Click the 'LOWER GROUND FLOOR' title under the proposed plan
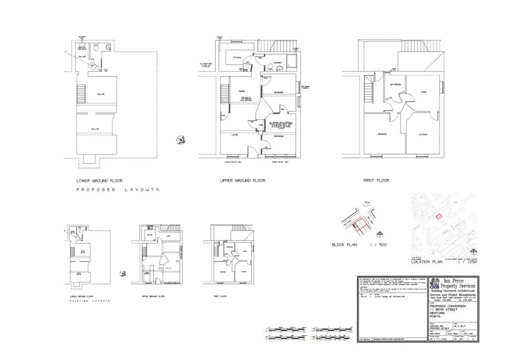(99, 181)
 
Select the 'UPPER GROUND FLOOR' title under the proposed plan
(243, 181)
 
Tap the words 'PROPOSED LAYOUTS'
(118, 190)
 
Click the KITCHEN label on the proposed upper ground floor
(237, 58)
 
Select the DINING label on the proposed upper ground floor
(241, 91)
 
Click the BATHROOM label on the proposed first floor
(395, 85)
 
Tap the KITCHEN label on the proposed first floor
(423, 135)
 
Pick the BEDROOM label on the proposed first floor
(382, 135)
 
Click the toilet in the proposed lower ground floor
(100, 48)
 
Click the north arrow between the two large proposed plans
(180, 140)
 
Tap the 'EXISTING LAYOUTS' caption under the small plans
(90, 301)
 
